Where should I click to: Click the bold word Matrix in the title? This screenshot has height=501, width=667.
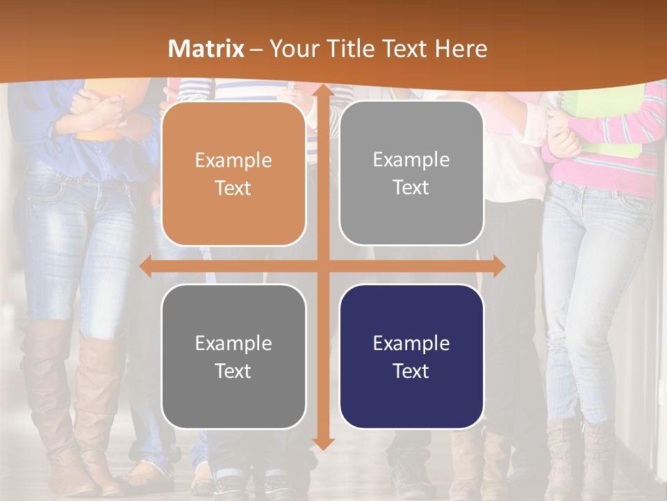206,49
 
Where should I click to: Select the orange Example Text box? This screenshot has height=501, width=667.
233,174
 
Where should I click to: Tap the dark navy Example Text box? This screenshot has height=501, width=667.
411,356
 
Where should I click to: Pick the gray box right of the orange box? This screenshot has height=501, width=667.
411,173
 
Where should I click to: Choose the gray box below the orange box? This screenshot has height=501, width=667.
233,356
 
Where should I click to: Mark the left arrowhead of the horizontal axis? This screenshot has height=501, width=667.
146,267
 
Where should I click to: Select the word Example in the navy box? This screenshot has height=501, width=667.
411,343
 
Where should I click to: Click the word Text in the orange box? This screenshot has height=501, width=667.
233,188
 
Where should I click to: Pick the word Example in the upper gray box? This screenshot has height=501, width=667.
411,160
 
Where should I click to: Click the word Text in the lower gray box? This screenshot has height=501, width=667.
233,371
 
